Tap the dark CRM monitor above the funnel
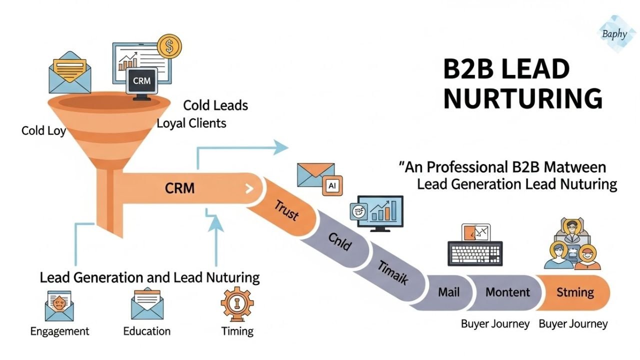(142, 81)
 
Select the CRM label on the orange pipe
(179, 188)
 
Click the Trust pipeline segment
(286, 210)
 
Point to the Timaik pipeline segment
(393, 273)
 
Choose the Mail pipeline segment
(448, 291)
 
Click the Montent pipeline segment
(507, 291)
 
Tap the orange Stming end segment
(575, 291)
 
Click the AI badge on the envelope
(331, 185)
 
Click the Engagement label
(59, 331)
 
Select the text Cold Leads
(215, 105)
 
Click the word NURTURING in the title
(522, 98)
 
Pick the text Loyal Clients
(191, 123)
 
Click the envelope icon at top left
(70, 72)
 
